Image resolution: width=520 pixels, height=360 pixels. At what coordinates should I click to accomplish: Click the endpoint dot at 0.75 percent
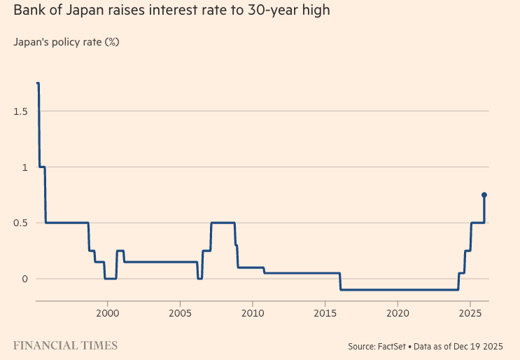pyautogui.click(x=484, y=195)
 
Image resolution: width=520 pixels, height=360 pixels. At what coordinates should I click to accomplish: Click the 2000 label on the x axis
pyautogui.click(x=108, y=311)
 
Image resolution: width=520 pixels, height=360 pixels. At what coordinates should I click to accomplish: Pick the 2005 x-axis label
pyautogui.click(x=180, y=311)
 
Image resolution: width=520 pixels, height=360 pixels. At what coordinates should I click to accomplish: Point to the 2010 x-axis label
pyautogui.click(x=253, y=311)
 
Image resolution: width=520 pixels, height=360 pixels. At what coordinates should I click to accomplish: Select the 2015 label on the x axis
pyautogui.click(x=325, y=311)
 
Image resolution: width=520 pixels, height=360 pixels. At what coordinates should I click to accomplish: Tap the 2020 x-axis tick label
pyautogui.click(x=398, y=311)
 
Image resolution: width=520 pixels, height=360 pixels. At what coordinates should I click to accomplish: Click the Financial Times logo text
pyautogui.click(x=65, y=345)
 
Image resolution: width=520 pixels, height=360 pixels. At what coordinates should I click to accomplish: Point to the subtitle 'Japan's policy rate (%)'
pyautogui.click(x=66, y=42)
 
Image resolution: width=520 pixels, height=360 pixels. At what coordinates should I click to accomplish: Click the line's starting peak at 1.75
pyautogui.click(x=38, y=83)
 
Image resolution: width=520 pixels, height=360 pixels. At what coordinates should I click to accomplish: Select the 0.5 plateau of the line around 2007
pyautogui.click(x=223, y=223)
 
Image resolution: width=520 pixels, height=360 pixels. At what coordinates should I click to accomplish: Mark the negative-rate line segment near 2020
pyautogui.click(x=398, y=289)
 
